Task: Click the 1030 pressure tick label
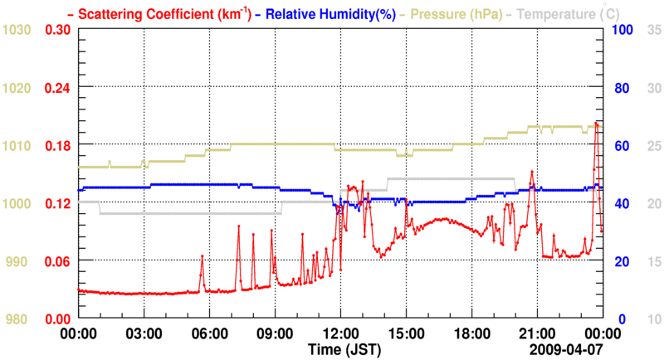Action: (x=17, y=29)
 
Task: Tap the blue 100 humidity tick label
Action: (x=622, y=29)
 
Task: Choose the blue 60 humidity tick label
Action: (x=619, y=145)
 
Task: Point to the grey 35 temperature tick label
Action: (x=654, y=29)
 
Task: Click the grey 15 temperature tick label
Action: (x=654, y=261)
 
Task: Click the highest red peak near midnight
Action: (x=596, y=123)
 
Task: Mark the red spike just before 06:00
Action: (x=202, y=256)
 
